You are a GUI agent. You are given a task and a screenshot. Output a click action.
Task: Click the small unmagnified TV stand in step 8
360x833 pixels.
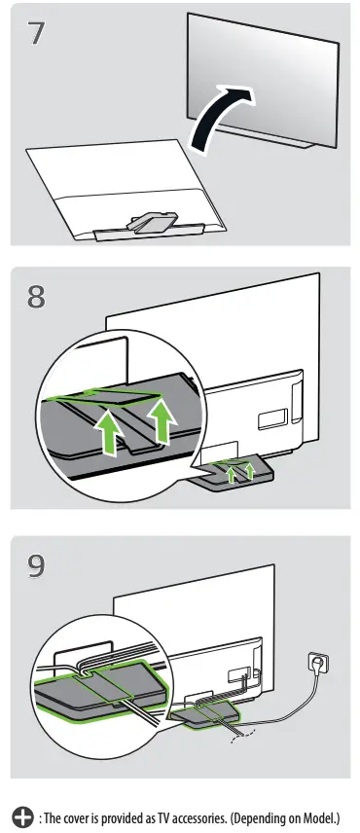234,478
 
